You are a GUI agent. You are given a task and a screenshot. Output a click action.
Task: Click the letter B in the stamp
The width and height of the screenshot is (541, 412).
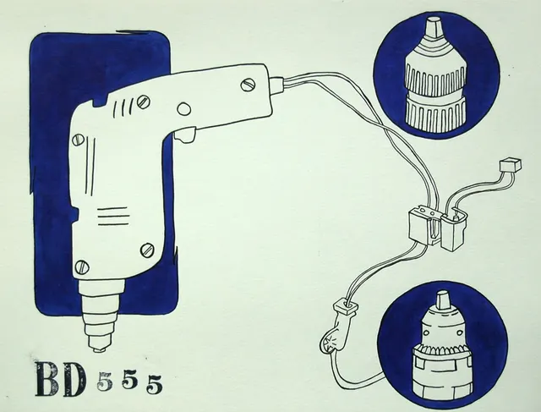[x=47, y=379]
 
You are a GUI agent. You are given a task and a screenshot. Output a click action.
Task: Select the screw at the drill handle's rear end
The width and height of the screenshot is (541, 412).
[x=248, y=85]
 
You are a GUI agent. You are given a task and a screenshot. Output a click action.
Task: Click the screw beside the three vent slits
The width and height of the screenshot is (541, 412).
[x=143, y=102]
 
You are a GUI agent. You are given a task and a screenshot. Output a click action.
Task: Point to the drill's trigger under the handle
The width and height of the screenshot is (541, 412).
[x=185, y=135]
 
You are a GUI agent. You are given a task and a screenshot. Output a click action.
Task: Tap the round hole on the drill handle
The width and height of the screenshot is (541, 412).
[x=184, y=109]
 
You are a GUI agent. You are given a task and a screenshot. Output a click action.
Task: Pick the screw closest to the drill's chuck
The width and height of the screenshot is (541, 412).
[x=82, y=267]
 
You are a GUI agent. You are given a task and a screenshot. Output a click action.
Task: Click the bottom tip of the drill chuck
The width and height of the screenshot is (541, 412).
[x=100, y=350]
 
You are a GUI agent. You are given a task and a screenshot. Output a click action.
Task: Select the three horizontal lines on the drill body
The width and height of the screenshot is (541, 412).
[x=113, y=217]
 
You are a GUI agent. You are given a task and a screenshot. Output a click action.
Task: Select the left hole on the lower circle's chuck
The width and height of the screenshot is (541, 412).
[x=426, y=333]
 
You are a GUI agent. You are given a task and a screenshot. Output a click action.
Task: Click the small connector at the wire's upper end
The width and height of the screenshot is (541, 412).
[x=511, y=165]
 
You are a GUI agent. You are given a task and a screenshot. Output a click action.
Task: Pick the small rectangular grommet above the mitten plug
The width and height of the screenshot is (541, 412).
[x=346, y=306]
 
